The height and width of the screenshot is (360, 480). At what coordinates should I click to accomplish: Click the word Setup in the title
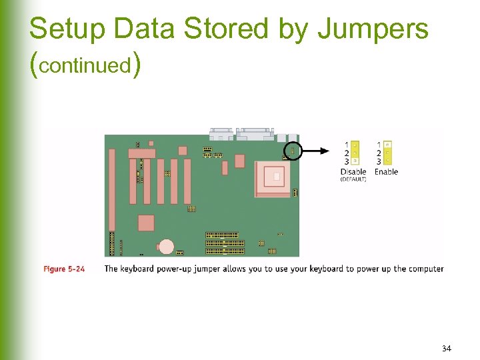point(69,29)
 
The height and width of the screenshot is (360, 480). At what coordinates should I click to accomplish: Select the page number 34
point(446,349)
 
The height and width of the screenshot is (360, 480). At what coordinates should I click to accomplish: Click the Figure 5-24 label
point(64,269)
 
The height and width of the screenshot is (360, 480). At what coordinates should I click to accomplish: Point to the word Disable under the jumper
point(353,171)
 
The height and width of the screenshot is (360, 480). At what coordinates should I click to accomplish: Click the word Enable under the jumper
point(386,171)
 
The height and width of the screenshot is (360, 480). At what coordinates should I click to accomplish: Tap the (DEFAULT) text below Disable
point(353,179)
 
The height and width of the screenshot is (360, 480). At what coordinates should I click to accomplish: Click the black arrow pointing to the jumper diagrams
point(316,151)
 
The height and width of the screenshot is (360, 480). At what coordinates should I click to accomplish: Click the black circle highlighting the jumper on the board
point(292,151)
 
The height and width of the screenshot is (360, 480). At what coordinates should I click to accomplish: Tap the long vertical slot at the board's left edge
point(112,189)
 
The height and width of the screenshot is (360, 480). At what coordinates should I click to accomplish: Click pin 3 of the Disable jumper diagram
point(355,161)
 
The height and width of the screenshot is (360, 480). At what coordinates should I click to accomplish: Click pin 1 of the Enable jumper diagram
point(388,144)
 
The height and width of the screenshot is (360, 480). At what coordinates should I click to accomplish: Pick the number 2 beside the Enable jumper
point(379,153)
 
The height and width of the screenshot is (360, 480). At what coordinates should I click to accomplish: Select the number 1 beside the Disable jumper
point(347,144)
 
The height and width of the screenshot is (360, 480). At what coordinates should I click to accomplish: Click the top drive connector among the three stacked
point(222,235)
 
